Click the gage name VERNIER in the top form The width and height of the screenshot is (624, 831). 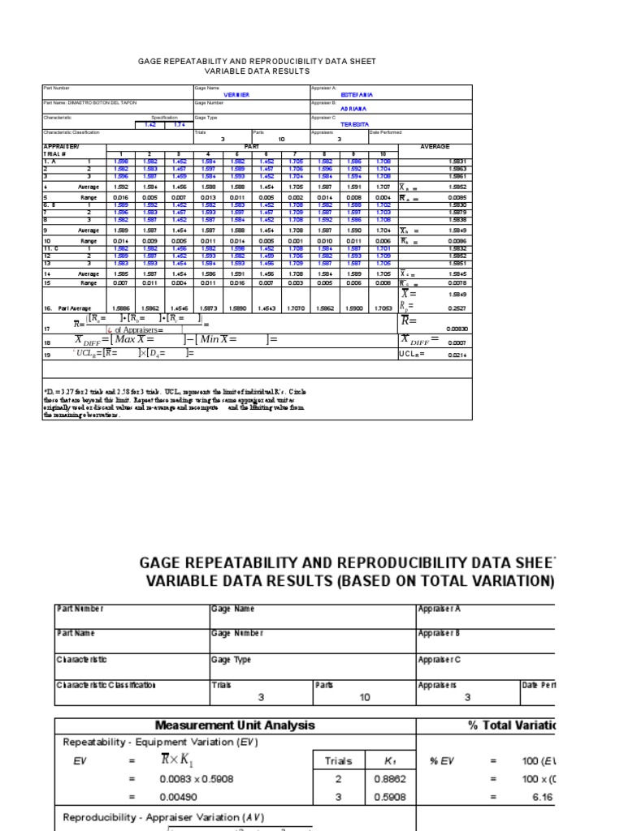(x=236, y=95)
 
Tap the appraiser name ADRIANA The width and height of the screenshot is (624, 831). (x=353, y=108)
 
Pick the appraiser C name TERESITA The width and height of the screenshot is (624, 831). (x=354, y=124)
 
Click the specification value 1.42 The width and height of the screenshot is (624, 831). (x=150, y=124)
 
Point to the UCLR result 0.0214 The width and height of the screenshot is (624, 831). (x=457, y=355)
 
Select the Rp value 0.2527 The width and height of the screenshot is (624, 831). (x=457, y=308)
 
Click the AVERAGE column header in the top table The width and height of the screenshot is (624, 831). (x=434, y=147)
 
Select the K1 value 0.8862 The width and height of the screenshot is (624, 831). (x=390, y=779)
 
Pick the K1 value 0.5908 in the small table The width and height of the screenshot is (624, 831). (x=390, y=798)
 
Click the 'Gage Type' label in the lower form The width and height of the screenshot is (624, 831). (x=232, y=660)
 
